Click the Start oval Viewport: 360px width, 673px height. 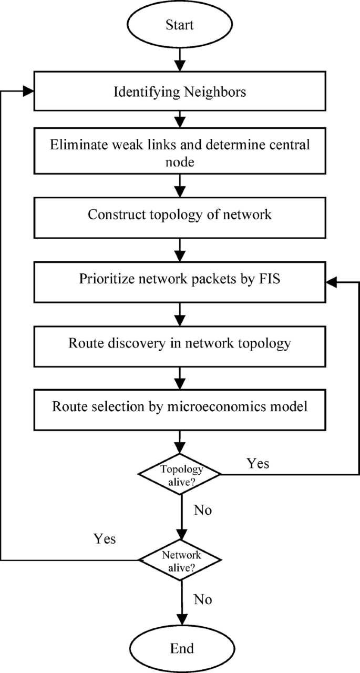(180, 25)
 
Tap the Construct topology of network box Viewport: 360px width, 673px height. (180, 215)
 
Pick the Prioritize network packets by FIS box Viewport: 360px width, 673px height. (180, 279)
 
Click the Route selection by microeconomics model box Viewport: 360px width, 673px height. (180, 407)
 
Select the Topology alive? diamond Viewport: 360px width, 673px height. (180, 474)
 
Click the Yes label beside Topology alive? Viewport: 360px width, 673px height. (258, 463)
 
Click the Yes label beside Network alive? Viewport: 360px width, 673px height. (105, 539)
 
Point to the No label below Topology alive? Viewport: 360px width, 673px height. (203, 509)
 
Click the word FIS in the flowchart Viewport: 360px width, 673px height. (269, 279)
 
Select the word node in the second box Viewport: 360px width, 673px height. (180, 162)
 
